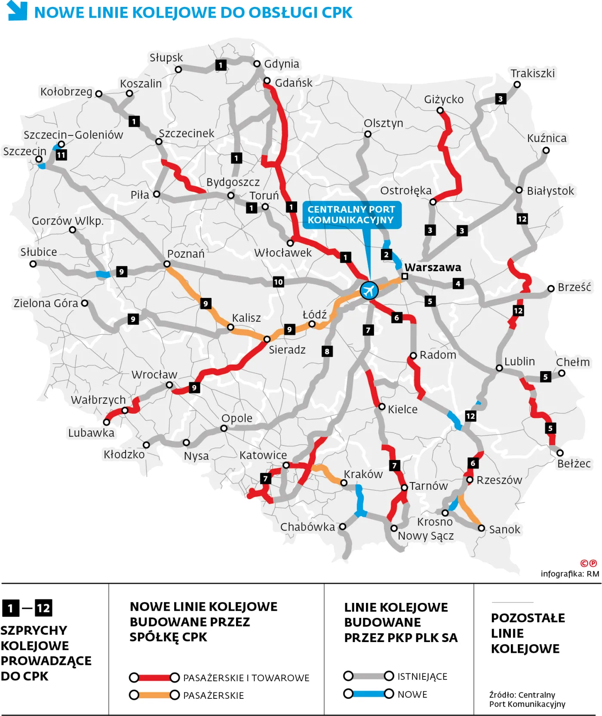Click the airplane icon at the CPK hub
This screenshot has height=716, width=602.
coord(369,291)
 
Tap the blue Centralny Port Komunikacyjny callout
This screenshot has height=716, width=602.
coord(351,215)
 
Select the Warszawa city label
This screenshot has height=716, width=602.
coord(433,267)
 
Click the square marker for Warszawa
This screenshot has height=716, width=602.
coord(405,276)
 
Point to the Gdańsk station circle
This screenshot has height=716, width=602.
coord(267,81)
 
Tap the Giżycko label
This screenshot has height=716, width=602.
coord(444,99)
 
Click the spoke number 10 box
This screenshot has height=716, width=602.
coord(279,282)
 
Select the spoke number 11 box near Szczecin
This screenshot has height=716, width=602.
coord(61,155)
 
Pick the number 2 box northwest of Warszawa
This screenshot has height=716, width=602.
coord(386,254)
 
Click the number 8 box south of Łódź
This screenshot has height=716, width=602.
coord(327,351)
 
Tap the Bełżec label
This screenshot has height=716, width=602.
coord(574,464)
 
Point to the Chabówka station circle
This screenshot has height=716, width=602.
coord(343,526)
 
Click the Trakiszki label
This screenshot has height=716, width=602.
coord(532,73)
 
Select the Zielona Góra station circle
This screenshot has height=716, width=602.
coord(85,303)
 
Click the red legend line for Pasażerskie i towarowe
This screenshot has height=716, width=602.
coord(154,678)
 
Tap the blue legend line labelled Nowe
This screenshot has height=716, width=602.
coord(369,694)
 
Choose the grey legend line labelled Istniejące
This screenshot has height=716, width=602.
coord(369,676)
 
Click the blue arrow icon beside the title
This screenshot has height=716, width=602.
coord(18,11)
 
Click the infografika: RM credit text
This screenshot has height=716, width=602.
coord(570,574)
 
